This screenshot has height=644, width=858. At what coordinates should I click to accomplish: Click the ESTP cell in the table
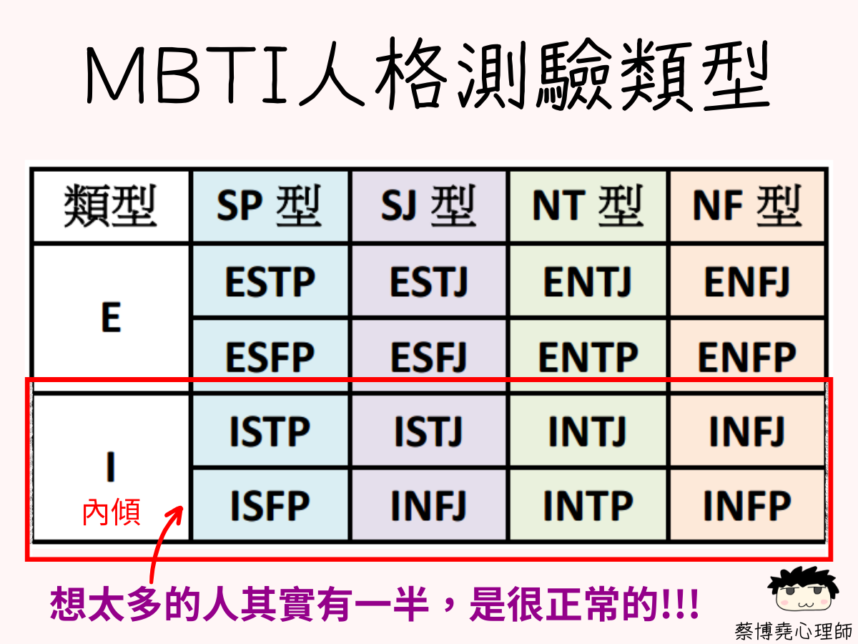270,281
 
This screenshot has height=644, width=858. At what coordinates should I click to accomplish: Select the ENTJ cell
588,281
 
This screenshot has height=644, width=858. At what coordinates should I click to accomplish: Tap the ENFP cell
747,356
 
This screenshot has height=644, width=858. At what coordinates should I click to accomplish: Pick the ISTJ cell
429,431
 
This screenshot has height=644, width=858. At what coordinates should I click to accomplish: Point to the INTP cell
588,504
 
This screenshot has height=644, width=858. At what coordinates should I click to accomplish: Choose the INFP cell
747,504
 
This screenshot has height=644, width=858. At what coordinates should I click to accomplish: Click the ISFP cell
270,504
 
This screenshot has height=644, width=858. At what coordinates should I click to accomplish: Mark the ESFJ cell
429,356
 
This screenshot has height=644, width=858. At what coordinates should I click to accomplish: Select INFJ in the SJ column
429,504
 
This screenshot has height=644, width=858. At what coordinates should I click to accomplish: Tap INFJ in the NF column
747,431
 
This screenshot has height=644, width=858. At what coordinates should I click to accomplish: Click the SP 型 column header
270,206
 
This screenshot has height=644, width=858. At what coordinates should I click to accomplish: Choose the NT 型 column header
588,206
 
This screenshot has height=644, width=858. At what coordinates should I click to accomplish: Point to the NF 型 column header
747,206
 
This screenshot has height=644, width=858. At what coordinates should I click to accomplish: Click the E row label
111,318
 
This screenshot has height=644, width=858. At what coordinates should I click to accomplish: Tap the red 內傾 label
112,512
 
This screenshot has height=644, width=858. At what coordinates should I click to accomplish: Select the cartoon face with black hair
802,590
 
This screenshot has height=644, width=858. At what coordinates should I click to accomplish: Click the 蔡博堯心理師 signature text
793,630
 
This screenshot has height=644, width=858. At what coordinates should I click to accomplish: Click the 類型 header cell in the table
111,206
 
